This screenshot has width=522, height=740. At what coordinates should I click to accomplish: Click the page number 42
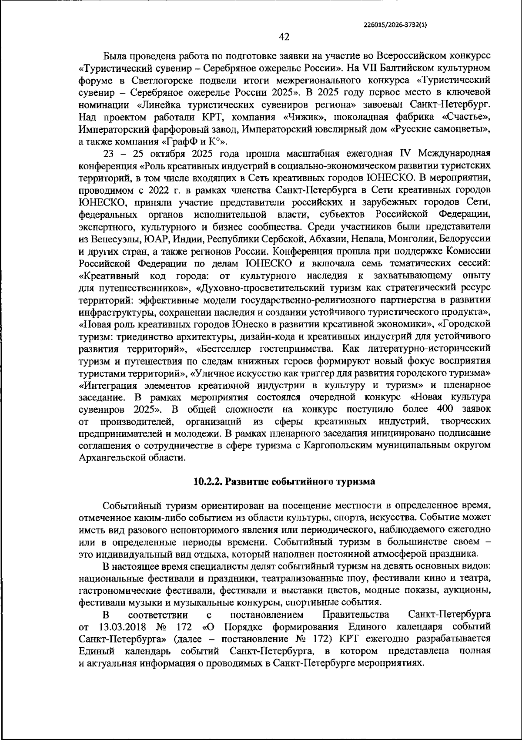click(284, 37)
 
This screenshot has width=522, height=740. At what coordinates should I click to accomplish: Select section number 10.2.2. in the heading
click(208, 482)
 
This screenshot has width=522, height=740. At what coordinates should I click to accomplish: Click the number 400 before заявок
click(443, 410)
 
